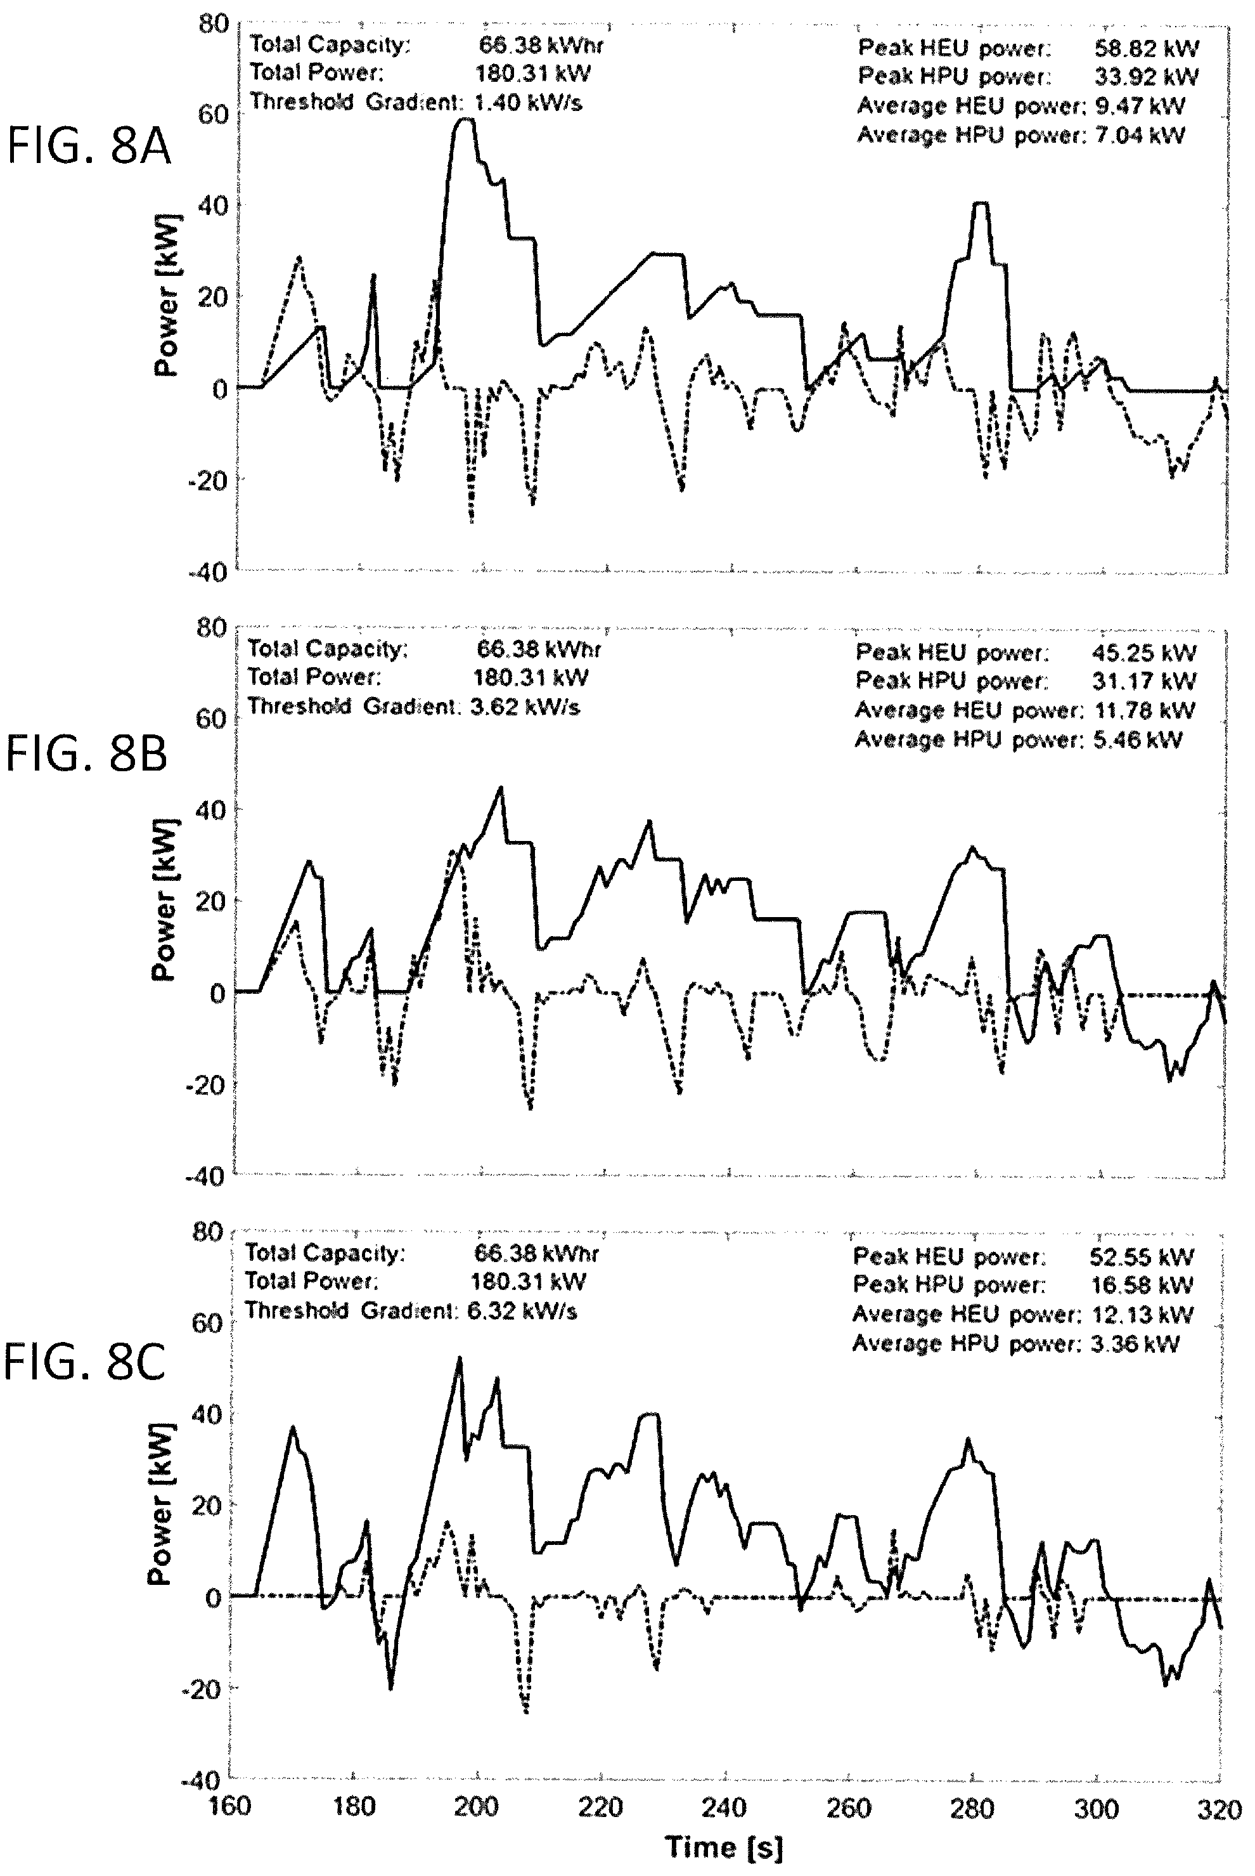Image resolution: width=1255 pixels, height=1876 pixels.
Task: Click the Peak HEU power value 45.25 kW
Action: tap(1143, 653)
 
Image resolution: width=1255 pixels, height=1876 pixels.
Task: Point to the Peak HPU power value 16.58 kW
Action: tap(1142, 1285)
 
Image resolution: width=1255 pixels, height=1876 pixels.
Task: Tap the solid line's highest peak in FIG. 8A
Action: tap(463, 119)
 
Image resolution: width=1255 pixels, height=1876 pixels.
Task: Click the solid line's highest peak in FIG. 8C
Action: tap(460, 1358)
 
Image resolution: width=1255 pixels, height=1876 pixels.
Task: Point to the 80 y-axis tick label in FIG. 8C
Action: tap(207, 1232)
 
